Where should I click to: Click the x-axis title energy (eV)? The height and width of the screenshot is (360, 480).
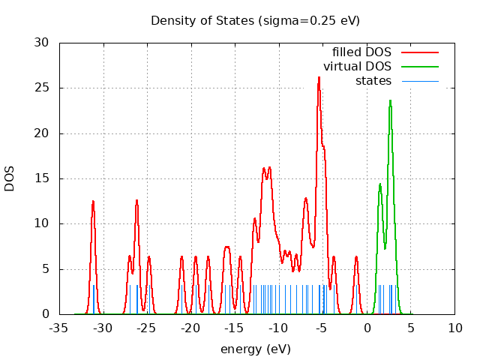[x=255, y=349]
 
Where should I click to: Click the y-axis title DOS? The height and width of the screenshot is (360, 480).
[x=10, y=178]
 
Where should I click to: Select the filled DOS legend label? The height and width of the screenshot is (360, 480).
[x=361, y=52]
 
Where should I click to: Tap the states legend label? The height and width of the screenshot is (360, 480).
[x=373, y=81]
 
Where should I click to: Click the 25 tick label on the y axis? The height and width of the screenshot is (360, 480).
[x=42, y=88]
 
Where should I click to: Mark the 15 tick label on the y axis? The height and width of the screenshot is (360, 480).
[x=42, y=178]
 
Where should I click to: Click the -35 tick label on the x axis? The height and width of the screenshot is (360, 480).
[x=59, y=328]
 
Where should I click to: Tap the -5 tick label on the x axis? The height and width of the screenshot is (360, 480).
[x=323, y=328]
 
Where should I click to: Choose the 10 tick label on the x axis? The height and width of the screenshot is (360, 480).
[x=455, y=328]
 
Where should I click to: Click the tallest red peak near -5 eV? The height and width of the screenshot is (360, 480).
[x=319, y=77]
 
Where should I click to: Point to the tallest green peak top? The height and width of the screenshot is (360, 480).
[x=390, y=101]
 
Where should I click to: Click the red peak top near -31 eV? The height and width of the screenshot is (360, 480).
[x=93, y=201]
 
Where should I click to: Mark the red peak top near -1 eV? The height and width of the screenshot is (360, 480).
[x=356, y=257]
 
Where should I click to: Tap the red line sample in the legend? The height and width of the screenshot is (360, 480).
[x=419, y=52]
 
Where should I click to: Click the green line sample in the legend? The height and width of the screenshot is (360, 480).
[x=419, y=67]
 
